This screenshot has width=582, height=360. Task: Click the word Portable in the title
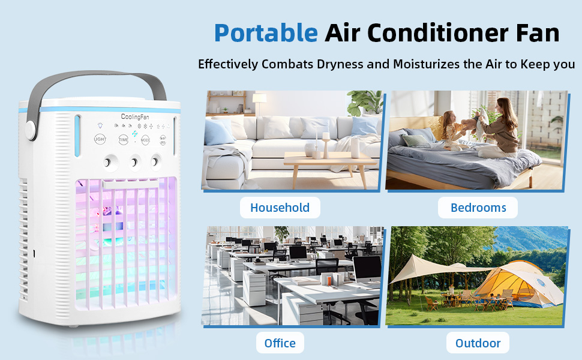(x=265, y=33)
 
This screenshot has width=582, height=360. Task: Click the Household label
(x=280, y=208)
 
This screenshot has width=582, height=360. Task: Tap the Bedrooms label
(x=478, y=208)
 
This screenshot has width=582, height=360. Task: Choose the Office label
(x=280, y=343)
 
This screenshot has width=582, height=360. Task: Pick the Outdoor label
(x=478, y=343)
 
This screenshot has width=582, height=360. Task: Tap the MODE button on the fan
(x=145, y=139)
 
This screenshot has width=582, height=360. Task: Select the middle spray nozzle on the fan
(x=134, y=161)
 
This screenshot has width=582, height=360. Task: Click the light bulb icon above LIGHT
(x=100, y=126)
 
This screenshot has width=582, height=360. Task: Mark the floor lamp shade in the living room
(x=259, y=98)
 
